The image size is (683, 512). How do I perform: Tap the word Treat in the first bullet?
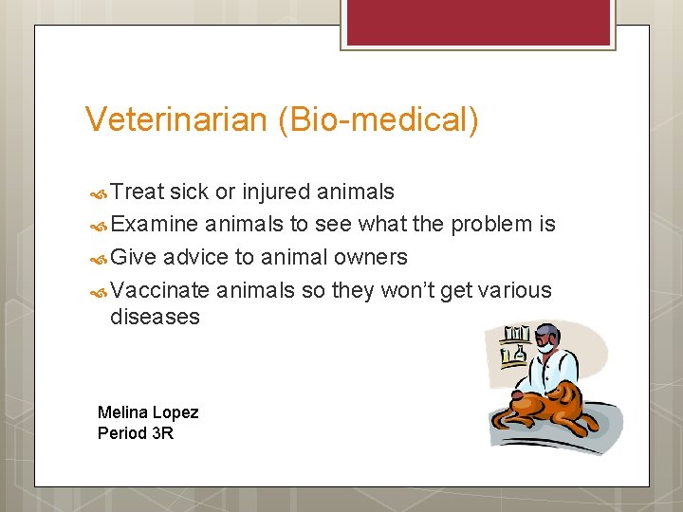click(138, 192)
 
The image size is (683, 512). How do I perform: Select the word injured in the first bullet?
click(276, 192)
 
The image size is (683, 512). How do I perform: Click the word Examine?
click(155, 225)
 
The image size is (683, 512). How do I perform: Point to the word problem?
click(491, 225)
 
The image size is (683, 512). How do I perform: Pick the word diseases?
click(155, 317)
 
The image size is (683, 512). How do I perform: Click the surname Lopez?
click(175, 412)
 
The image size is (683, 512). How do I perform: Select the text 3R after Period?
click(163, 433)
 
